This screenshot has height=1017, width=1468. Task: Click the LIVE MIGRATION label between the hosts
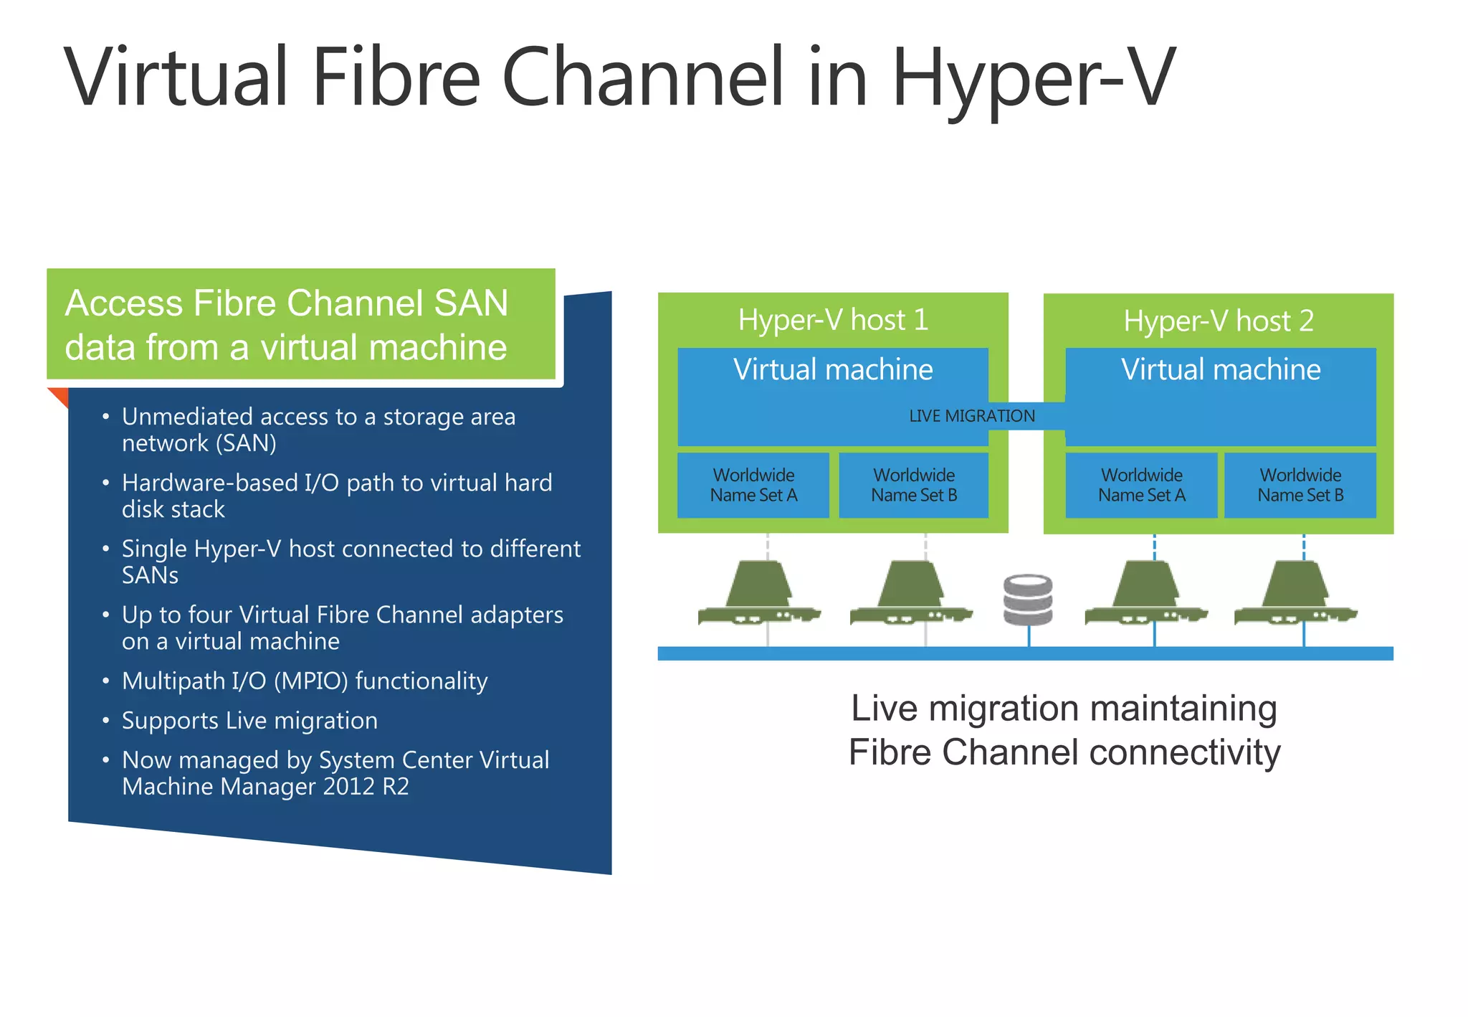pos(971,416)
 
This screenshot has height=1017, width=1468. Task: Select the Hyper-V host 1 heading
pos(833,320)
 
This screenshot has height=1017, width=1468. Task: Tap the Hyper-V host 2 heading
pos(1218,321)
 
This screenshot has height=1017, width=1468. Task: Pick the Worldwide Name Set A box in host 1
pos(753,485)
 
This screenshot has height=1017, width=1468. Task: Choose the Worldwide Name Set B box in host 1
pos(914,485)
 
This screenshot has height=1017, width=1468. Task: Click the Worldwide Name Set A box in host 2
pos(1141,485)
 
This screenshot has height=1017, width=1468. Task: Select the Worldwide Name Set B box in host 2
pos(1300,485)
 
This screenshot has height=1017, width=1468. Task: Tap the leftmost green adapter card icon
pos(758,595)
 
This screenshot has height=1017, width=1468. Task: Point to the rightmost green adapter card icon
pos(1295,595)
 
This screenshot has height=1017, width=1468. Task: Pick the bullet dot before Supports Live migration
pos(105,720)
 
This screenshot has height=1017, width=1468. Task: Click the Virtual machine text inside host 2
pos(1220,370)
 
